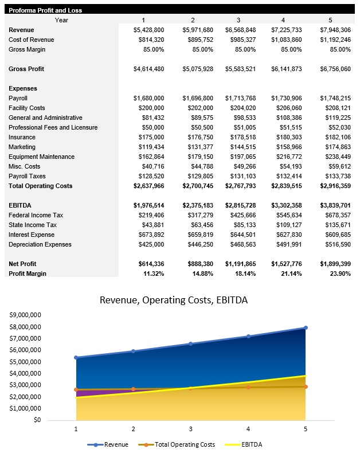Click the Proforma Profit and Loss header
pos(46,11)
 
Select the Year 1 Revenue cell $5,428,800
pos(148,30)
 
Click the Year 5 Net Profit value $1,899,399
pos(335,264)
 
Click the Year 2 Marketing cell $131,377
pos(198,147)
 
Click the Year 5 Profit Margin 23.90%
pos(339,274)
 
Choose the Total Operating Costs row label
pos(40,186)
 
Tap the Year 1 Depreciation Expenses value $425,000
pos(151,244)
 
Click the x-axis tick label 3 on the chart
pos(191,428)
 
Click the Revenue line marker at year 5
pos(306,328)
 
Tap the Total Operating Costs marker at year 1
pos(76,389)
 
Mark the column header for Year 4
pos(283,20)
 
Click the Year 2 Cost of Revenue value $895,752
pos(198,40)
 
